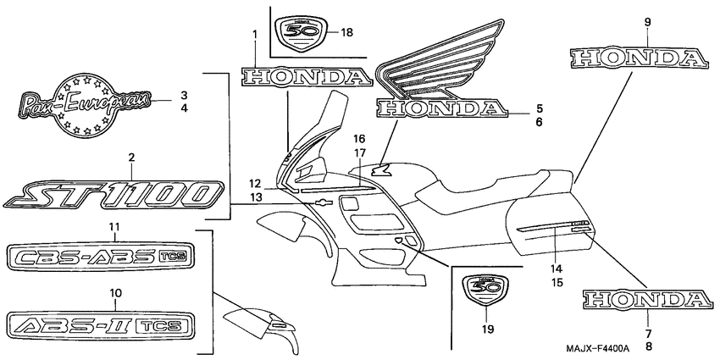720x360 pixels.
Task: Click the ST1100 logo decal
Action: tap(114, 193)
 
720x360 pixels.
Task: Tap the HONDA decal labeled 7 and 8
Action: tap(646, 298)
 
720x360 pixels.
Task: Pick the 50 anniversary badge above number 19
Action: tap(483, 290)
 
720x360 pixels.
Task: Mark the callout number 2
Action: tap(131, 157)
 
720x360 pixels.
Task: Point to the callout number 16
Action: tap(359, 138)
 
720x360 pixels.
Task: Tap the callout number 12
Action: tap(256, 184)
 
